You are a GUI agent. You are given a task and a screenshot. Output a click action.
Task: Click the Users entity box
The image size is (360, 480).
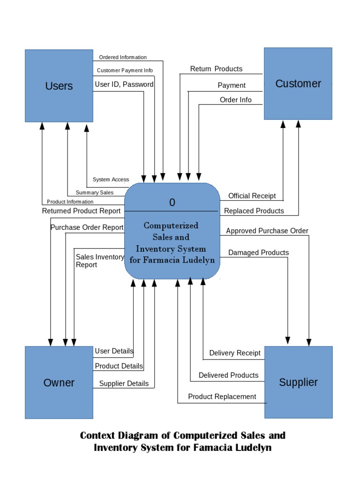click(59, 86)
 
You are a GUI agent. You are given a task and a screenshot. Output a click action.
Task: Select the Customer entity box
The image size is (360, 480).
click(298, 83)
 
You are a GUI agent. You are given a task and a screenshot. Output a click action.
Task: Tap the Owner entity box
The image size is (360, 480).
click(59, 382)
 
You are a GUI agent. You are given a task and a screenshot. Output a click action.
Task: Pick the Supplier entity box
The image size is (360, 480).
click(298, 382)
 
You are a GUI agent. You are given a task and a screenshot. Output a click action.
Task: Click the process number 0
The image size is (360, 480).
click(172, 202)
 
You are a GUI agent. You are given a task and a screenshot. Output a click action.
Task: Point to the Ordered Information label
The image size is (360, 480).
click(123, 58)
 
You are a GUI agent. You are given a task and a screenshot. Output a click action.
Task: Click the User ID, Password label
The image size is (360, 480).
click(124, 85)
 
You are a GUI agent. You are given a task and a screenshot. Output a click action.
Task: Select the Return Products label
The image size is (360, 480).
click(216, 69)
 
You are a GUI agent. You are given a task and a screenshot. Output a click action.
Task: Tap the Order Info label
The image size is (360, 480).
click(235, 100)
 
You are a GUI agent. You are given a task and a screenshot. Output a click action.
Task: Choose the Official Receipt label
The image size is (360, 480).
click(252, 196)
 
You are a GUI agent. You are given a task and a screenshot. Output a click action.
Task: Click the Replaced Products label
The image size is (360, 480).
click(254, 211)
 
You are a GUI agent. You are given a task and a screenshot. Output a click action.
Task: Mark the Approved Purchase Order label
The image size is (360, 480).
click(267, 231)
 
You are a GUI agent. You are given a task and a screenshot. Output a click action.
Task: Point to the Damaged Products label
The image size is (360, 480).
click(258, 253)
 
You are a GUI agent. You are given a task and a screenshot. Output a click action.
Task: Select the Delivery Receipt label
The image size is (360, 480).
click(234, 353)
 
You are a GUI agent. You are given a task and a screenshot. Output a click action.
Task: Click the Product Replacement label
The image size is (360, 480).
click(222, 397)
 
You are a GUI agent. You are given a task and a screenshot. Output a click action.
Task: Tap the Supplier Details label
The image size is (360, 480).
click(124, 383)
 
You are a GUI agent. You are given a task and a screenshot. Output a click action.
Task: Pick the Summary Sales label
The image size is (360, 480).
click(94, 193)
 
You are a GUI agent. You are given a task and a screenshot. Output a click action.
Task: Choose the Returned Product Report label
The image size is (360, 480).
click(81, 211)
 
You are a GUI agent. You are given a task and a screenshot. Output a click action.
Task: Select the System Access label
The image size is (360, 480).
click(111, 180)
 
